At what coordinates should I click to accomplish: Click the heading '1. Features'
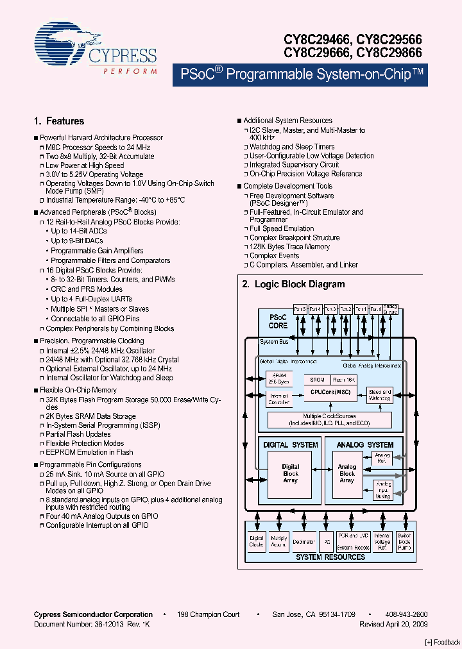coord(58,121)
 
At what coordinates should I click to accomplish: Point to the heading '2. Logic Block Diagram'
coord(293,284)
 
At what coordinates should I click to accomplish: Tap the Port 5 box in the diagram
coord(300,308)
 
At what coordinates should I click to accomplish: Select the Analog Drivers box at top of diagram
coord(390,308)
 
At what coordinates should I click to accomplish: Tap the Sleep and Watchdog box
coord(380,394)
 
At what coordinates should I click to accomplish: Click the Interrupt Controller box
coord(279,400)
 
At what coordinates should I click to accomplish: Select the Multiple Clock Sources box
coord(329,420)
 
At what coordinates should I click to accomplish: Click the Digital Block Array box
coord(291,474)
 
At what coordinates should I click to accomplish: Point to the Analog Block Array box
coord(347,474)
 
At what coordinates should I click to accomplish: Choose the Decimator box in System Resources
coord(304,542)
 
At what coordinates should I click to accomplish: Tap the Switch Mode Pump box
coord(404,542)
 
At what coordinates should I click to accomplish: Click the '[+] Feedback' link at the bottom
coord(442,642)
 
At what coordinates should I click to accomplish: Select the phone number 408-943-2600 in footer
coord(406,614)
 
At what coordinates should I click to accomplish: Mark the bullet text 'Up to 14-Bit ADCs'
coord(80,232)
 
